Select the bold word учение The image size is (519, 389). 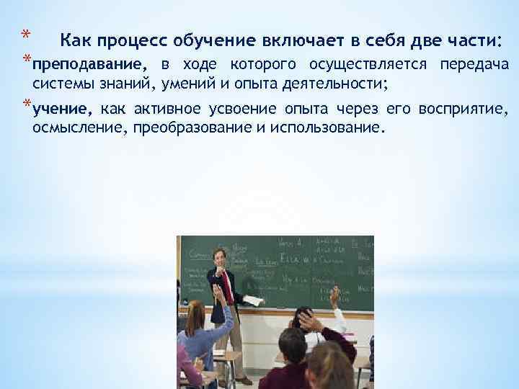[62, 109]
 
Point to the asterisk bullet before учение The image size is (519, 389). [26, 106]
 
